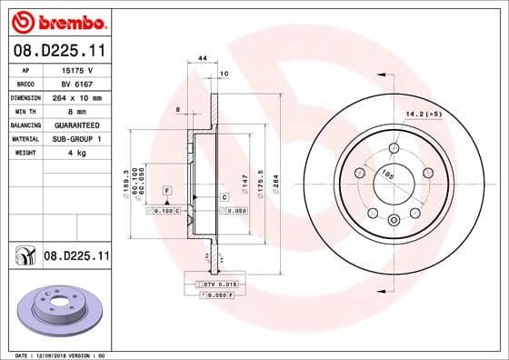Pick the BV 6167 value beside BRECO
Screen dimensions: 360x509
point(75,82)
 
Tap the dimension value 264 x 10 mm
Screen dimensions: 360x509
point(75,96)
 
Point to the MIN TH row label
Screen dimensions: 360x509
point(23,110)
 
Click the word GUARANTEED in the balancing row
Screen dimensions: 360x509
point(75,124)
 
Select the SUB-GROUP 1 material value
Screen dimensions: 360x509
point(75,138)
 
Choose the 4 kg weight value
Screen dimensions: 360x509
point(75,153)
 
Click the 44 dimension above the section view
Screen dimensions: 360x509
point(202,58)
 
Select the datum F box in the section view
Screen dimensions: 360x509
point(168,190)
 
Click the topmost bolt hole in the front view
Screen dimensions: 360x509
point(394,148)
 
